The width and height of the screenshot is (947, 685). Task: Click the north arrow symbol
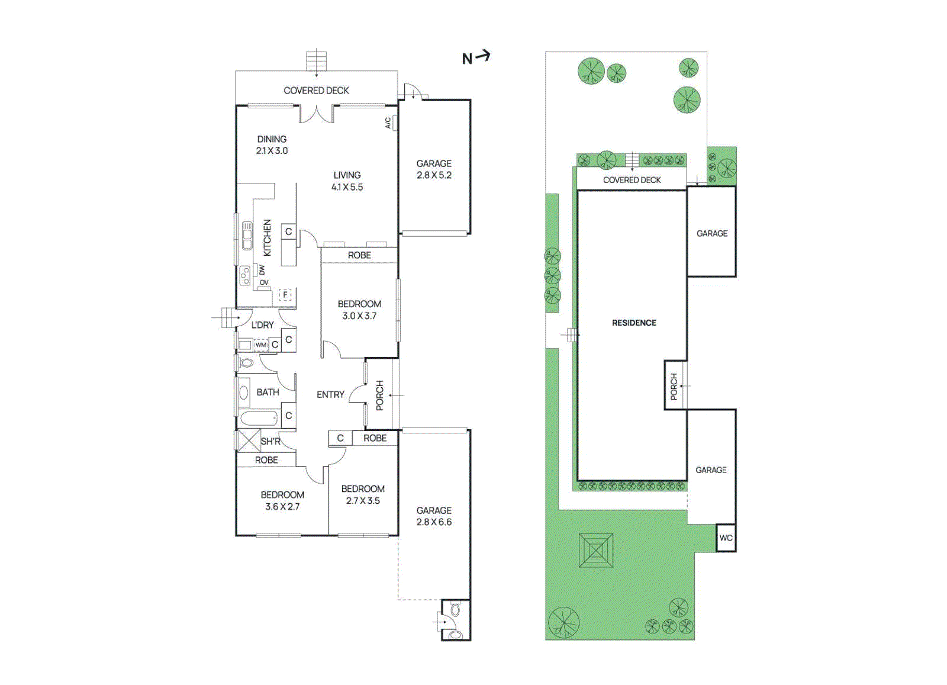tap(476, 57)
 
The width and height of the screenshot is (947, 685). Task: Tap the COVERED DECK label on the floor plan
tap(316, 91)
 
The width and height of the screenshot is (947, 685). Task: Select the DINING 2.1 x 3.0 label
tap(272, 145)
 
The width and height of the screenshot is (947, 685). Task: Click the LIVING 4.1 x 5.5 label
tap(347, 181)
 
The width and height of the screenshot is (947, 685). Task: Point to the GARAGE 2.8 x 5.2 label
tap(434, 169)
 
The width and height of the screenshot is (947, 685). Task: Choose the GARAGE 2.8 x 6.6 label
tap(434, 516)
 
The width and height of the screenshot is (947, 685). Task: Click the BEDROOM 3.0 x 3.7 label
tap(359, 310)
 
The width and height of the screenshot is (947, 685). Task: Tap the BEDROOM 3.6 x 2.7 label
tap(282, 501)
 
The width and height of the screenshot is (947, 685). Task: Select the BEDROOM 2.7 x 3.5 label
tap(363, 495)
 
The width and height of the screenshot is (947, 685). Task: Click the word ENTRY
tap(330, 394)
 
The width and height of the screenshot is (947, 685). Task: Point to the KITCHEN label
tap(267, 238)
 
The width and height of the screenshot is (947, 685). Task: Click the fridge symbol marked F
tap(286, 295)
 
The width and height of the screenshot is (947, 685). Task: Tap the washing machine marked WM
tap(261, 345)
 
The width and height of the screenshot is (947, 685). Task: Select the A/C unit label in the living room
tap(388, 123)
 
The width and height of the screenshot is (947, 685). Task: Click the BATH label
tap(268, 392)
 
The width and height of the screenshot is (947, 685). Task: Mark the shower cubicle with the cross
tap(248, 440)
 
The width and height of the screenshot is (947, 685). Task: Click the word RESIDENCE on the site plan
tap(634, 323)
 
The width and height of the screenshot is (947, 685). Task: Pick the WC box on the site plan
tap(726, 538)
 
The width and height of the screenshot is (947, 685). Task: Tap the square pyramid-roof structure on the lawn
tap(596, 551)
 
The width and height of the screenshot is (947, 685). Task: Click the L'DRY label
tap(262, 325)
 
